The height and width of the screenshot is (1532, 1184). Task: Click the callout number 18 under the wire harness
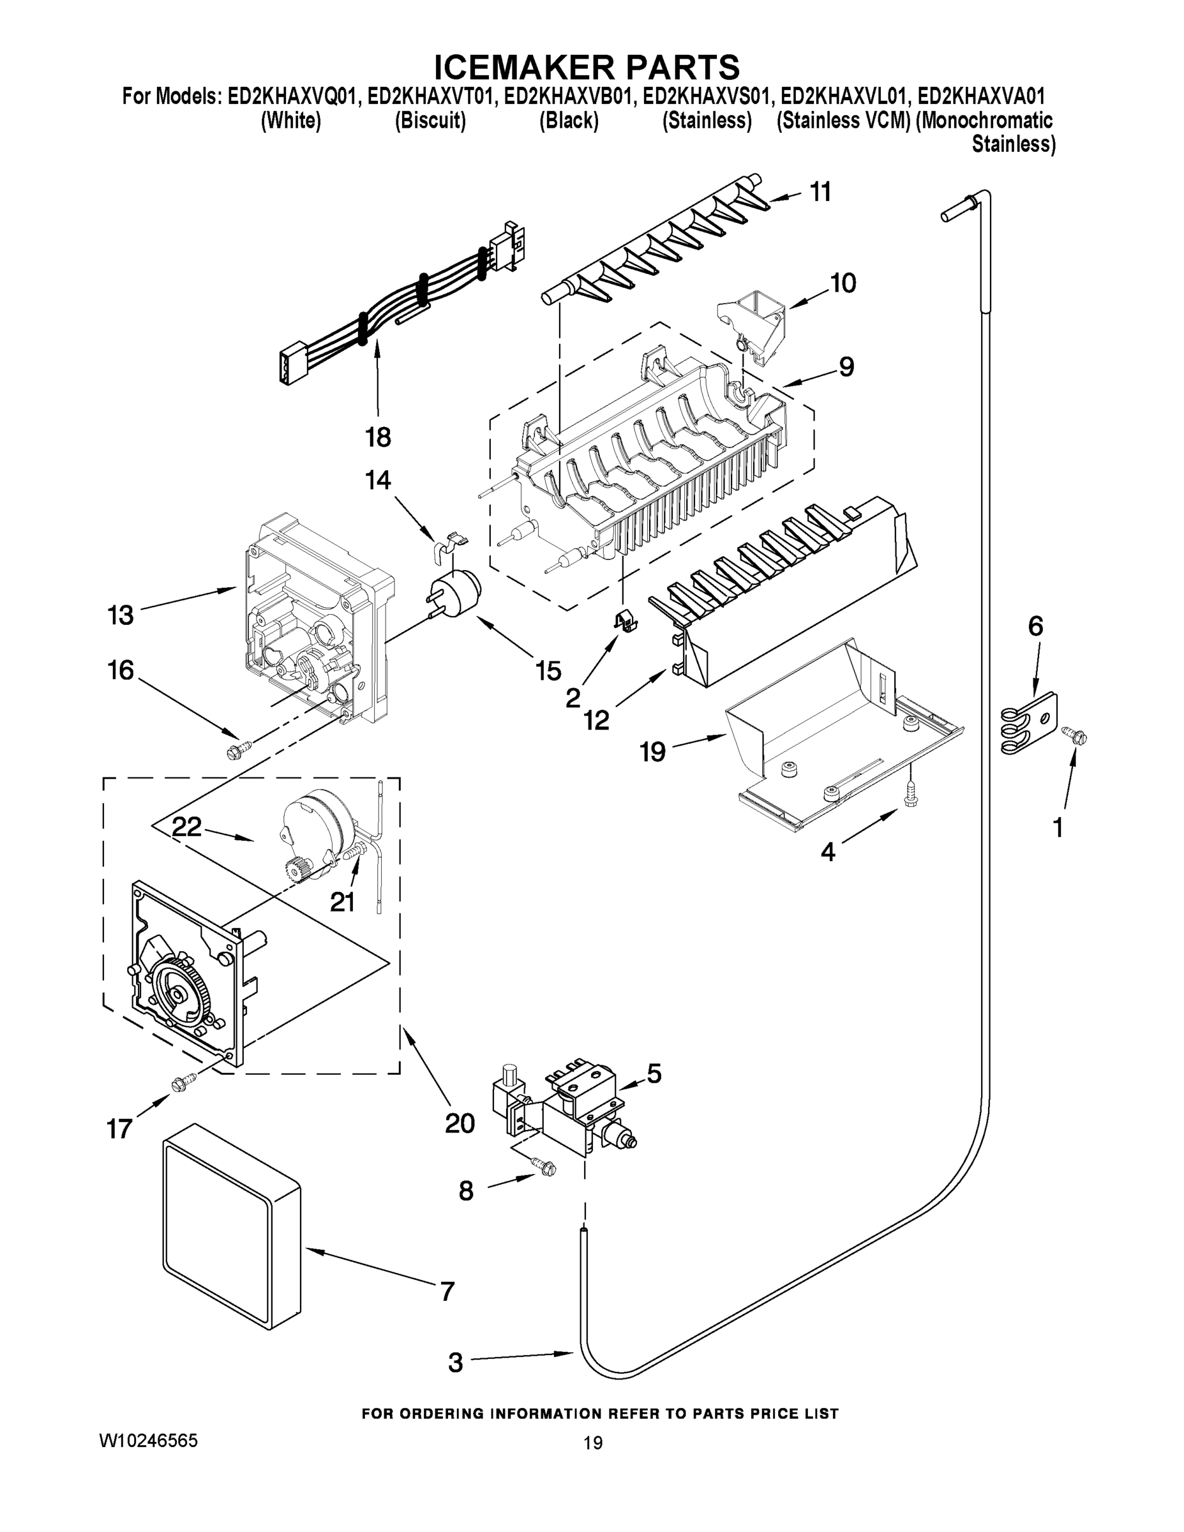tap(377, 438)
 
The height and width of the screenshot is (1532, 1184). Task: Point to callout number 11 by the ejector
tap(820, 191)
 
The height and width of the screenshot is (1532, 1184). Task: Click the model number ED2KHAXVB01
tap(569, 96)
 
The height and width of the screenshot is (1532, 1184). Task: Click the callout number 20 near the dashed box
tap(460, 1123)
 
